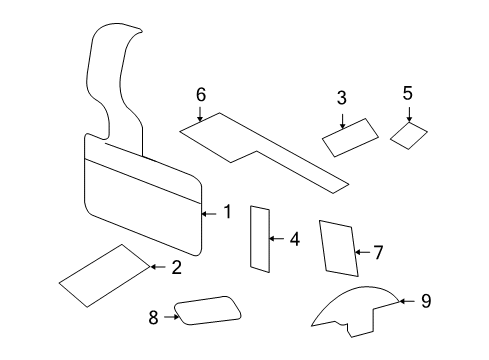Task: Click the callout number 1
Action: click(227, 212)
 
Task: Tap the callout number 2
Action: click(176, 267)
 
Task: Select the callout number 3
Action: click(342, 98)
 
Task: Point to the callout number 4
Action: click(294, 239)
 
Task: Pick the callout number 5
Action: click(408, 94)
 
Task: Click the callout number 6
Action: click(201, 94)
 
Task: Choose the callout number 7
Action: click(378, 252)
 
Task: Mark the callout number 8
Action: click(153, 317)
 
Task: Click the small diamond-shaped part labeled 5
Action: click(408, 135)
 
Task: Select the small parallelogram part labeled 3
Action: click(350, 137)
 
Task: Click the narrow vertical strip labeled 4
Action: click(260, 238)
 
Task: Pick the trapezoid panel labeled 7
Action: click(338, 249)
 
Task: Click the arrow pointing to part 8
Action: click(169, 317)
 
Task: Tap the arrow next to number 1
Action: click(209, 212)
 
